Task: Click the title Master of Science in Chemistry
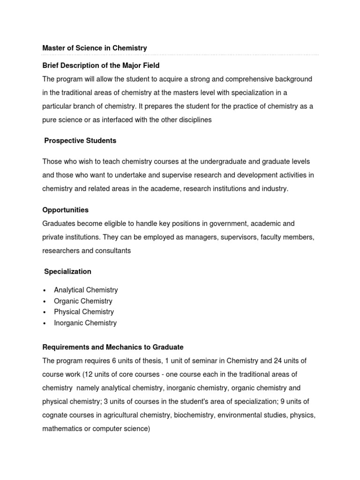95,48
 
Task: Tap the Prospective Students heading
80,141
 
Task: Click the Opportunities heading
65,210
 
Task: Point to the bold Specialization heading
67,271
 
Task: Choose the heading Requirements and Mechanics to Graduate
113,347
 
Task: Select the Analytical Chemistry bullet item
86,290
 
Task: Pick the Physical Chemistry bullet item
84,312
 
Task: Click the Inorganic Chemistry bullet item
85,323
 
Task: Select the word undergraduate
223,162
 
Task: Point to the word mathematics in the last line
61,429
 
